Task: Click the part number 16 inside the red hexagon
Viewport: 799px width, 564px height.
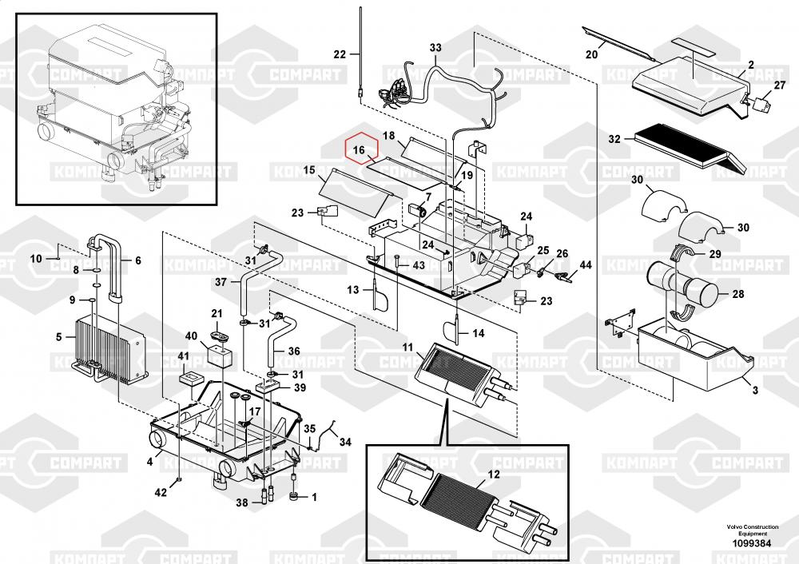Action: [x=359, y=150]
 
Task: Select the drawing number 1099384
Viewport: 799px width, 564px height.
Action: [x=752, y=543]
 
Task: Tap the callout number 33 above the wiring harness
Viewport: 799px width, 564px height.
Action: [x=435, y=48]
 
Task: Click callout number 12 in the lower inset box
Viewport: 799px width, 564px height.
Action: [x=494, y=475]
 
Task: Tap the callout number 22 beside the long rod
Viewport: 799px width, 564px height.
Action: [x=340, y=54]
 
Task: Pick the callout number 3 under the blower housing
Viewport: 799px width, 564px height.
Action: [x=755, y=390]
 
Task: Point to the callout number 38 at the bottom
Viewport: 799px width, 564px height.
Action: [x=242, y=502]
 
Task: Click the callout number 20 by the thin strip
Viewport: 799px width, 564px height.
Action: [x=591, y=54]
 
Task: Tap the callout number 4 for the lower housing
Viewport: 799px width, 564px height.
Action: [x=150, y=462]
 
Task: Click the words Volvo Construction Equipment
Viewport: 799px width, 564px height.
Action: [x=752, y=530]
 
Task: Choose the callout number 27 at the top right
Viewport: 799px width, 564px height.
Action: [x=780, y=85]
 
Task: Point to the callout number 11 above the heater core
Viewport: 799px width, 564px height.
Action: [x=407, y=348]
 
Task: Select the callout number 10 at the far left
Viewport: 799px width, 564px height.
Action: [x=36, y=258]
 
